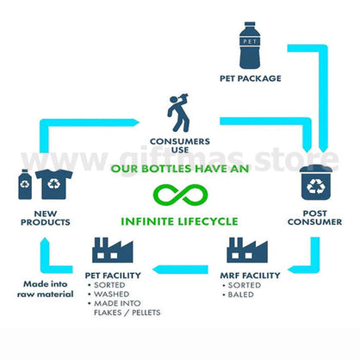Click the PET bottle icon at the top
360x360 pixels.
tap(250, 46)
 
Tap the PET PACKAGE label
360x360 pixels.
tap(251, 78)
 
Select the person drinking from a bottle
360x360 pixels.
tap(178, 113)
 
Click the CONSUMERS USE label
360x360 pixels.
tap(180, 146)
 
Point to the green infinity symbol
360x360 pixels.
tap(180, 196)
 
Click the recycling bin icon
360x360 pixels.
tap(316, 183)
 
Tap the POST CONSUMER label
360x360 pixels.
tap(315, 218)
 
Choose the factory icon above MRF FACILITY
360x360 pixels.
tap(247, 250)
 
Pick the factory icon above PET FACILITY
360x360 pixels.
tap(113, 250)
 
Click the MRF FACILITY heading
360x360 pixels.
tap(250, 276)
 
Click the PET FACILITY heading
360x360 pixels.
tap(113, 276)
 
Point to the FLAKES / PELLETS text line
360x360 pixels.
tap(127, 313)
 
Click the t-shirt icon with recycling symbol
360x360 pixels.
tap(54, 184)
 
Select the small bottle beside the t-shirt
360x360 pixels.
tap(25, 184)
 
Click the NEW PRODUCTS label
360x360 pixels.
tap(46, 218)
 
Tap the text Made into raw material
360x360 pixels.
tap(46, 289)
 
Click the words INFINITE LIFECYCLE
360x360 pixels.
tap(179, 221)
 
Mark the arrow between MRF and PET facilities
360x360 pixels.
tap(180, 270)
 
